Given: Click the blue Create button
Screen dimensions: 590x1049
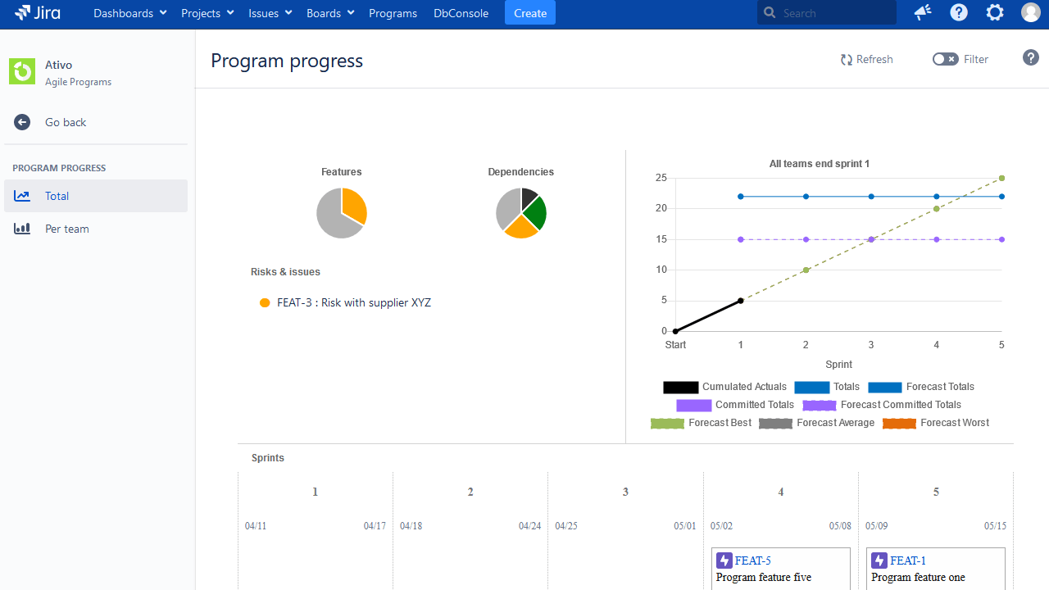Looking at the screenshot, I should (529, 13).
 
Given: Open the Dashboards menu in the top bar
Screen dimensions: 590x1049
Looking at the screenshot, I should (129, 13).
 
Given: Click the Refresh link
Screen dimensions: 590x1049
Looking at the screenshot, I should (866, 59).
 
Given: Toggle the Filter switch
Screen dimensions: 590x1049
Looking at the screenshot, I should (945, 59).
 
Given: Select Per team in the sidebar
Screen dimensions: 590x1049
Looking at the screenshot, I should (66, 229).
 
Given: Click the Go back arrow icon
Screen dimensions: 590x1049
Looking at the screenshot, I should (22, 122).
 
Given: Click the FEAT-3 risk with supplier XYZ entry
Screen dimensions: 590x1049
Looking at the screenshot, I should (353, 302).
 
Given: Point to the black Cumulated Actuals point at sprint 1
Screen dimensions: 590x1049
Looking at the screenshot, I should (740, 301).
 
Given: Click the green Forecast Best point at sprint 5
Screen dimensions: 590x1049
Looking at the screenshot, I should (1001, 178).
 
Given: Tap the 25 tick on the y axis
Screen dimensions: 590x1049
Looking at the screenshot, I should (661, 178).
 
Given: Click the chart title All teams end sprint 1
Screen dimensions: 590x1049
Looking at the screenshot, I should (819, 164).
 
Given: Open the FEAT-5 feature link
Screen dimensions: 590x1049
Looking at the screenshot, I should (752, 560).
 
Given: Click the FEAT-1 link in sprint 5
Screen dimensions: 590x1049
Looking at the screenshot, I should (908, 560).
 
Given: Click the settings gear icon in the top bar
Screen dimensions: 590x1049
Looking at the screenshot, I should (995, 12).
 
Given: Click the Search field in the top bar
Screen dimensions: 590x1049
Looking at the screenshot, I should (832, 13).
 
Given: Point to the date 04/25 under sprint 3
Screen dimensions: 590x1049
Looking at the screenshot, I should (566, 526).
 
